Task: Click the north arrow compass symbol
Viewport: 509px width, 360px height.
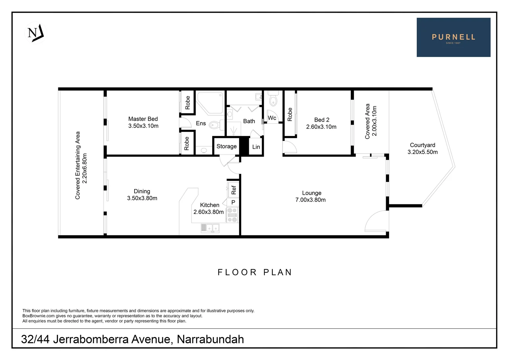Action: (x=36, y=33)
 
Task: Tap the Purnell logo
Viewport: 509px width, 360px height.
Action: (x=453, y=37)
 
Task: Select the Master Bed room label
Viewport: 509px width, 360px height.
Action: (x=143, y=119)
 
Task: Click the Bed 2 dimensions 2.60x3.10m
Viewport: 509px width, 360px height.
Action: (x=321, y=127)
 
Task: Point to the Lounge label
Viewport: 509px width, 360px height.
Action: (x=311, y=193)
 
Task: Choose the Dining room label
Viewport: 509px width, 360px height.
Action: (x=142, y=191)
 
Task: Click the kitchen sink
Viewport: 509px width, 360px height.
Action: (x=210, y=228)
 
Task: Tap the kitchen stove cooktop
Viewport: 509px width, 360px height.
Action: (x=232, y=215)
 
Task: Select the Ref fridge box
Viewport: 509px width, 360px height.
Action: (x=233, y=190)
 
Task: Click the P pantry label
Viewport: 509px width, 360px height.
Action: (x=233, y=202)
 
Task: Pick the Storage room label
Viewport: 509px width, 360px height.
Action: (x=227, y=146)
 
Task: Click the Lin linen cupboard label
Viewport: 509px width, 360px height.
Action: (x=256, y=147)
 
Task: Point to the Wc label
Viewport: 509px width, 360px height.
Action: (x=272, y=118)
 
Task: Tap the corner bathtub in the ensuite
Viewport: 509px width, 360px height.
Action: (x=210, y=103)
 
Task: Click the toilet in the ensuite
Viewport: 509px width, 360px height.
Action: (x=217, y=126)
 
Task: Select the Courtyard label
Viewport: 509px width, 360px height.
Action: (x=422, y=145)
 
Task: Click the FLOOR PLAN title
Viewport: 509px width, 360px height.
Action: (x=255, y=272)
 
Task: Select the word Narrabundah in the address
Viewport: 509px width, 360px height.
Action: (x=210, y=339)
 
